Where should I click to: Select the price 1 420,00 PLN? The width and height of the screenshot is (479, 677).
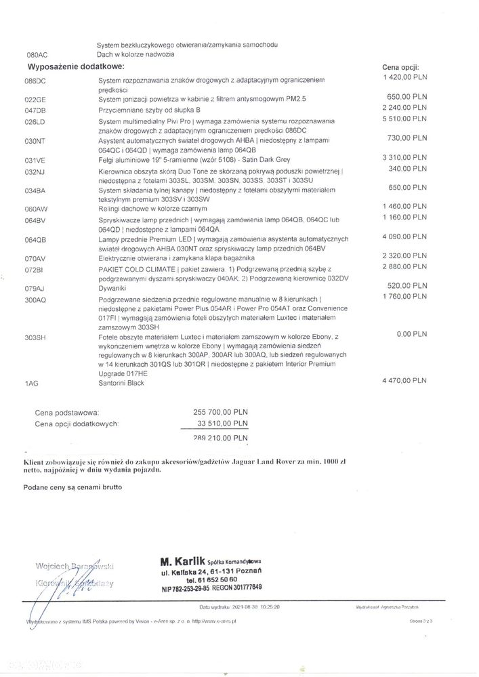click(404, 77)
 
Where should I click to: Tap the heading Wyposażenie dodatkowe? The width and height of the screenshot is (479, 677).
click(75, 67)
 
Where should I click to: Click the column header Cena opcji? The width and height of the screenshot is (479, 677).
click(401, 68)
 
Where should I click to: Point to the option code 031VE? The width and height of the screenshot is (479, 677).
click(35, 161)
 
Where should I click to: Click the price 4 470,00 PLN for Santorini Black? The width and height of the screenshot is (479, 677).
click(404, 381)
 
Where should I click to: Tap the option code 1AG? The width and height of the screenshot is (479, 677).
click(31, 384)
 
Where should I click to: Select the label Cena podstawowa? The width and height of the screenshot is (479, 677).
click(67, 412)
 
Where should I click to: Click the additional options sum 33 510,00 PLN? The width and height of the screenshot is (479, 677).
click(222, 424)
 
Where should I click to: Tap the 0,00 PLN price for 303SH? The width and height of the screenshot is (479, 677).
click(412, 334)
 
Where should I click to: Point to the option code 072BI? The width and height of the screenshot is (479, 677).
click(34, 270)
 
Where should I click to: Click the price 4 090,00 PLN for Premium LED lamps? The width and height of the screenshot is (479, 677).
click(404, 237)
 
